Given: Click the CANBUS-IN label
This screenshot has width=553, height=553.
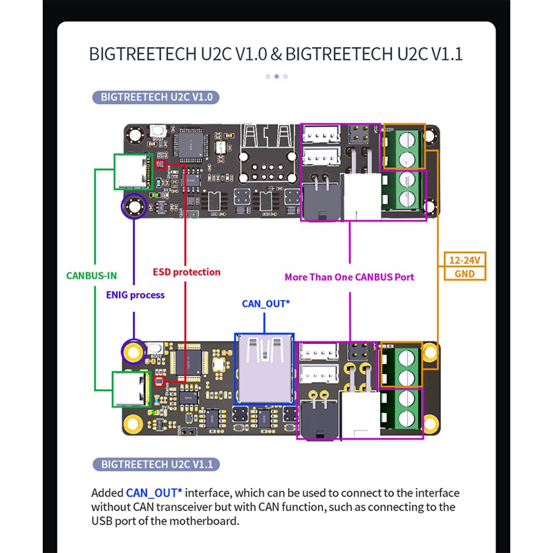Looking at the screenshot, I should (91, 274).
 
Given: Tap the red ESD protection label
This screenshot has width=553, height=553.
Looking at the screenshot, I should (187, 272).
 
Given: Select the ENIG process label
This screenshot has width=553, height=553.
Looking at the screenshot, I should (135, 294).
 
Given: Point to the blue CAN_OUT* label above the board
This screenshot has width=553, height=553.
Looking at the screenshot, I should (265, 303).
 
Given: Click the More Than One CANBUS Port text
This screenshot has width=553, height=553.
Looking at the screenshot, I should (349, 276).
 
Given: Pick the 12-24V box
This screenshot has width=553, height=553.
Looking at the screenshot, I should (465, 260).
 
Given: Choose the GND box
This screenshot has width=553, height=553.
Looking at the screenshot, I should (465, 274).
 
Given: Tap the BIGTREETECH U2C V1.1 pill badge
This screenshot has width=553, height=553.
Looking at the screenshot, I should (156, 464).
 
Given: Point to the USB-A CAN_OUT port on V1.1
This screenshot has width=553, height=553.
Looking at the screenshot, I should (265, 368).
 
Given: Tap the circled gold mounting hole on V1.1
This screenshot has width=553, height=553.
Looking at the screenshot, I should (131, 351).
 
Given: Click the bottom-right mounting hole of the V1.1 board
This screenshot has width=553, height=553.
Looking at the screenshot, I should (430, 423).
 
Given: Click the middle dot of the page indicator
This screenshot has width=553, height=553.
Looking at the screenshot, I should (276, 76).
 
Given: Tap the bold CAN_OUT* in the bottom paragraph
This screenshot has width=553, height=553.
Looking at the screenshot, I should (154, 493).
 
